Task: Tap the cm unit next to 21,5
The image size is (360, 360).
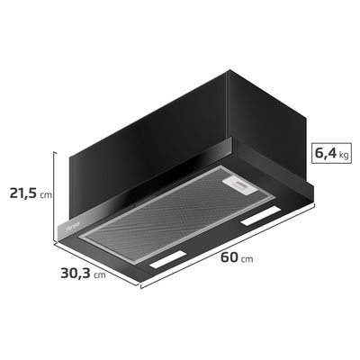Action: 47,194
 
